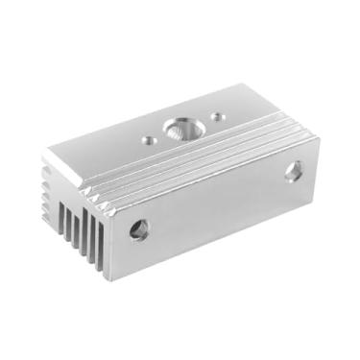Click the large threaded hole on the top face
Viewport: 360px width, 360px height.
tap(180, 127)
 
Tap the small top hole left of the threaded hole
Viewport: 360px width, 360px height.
tap(149, 139)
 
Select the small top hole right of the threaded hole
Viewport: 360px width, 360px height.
tap(218, 117)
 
